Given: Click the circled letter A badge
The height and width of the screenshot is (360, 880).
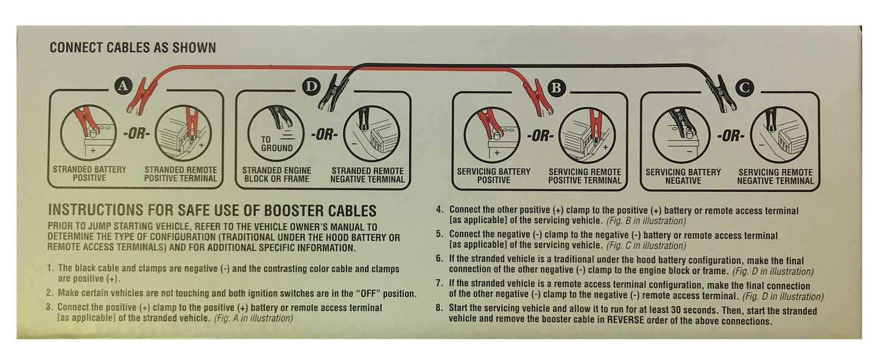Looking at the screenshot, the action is point(124,86).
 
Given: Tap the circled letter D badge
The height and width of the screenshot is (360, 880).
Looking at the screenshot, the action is point(311,86).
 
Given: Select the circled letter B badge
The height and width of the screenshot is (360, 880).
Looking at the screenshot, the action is point(556,88).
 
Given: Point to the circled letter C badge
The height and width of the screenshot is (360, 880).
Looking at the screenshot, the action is point(744,88).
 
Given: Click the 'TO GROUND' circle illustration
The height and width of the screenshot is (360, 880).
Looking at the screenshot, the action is point(276,133).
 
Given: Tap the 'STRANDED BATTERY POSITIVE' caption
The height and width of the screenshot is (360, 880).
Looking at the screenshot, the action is point(90,174).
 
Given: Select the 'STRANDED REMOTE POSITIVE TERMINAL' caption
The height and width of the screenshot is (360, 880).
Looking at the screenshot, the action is point(181,174).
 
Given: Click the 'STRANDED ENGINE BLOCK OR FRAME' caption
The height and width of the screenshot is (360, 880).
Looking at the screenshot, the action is point(276,175).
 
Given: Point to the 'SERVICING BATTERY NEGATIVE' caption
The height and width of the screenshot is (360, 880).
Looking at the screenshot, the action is point(683,177).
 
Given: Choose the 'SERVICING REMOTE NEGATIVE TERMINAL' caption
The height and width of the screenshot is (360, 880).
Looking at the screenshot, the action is point(775,177).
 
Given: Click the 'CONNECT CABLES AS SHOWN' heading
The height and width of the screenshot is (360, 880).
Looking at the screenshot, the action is point(133,48).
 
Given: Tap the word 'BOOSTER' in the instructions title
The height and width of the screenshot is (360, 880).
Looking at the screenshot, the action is point(294,211).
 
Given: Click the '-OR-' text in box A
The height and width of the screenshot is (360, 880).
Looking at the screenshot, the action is point(136,133).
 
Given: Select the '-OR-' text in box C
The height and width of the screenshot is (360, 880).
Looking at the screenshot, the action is point(730,136).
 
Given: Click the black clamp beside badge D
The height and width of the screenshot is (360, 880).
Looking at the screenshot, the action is point(333,93).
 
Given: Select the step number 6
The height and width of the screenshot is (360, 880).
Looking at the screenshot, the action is point(439,259).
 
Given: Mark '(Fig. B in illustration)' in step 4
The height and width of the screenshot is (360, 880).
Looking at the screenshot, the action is point(646,221).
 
